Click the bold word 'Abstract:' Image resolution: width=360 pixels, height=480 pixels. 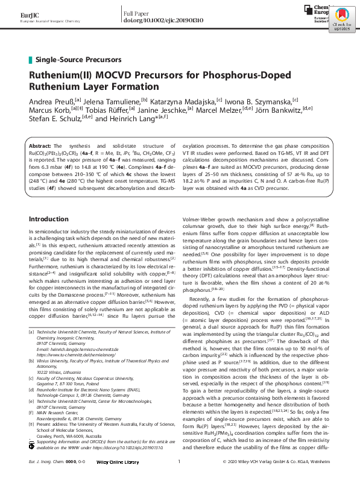coord(41,147)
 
